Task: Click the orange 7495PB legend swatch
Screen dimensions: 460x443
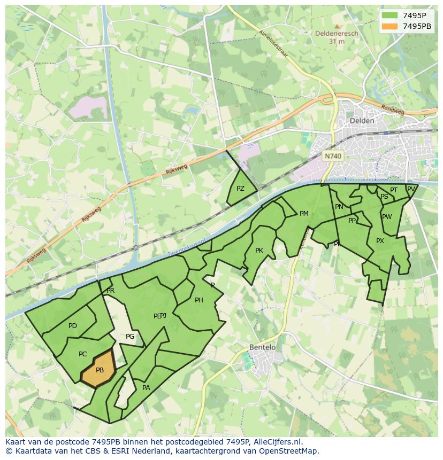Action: click(390, 26)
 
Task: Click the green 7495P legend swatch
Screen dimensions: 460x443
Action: click(390, 15)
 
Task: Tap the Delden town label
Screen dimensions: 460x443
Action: click(362, 121)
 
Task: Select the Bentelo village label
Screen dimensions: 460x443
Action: click(263, 347)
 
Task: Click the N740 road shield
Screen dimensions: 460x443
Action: click(333, 156)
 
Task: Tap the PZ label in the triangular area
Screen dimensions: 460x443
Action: click(240, 189)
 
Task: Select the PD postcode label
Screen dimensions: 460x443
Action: click(73, 326)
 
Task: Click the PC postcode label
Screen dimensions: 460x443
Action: click(82, 354)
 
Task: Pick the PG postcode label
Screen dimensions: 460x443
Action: click(130, 337)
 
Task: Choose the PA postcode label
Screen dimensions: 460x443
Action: click(146, 388)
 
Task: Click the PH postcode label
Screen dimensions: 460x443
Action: click(198, 300)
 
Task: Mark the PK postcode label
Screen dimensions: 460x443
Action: click(259, 251)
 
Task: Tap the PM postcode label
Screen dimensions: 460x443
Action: click(304, 214)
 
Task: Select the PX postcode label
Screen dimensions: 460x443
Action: click(380, 241)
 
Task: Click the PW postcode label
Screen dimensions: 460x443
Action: click(387, 217)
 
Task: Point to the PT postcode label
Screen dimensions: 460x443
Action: click(394, 190)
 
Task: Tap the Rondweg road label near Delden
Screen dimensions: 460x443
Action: click(393, 108)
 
